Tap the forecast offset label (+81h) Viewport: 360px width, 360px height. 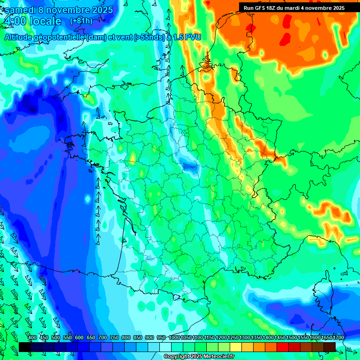81,21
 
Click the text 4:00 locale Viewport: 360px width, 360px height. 32,22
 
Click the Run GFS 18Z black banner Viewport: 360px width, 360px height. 294,7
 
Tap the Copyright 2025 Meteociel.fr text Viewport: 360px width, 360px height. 199,357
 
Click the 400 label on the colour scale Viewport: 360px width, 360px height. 32,338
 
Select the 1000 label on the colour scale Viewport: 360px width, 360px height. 174,338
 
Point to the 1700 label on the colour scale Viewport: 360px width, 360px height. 338,338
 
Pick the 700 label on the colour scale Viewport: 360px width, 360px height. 103,338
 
